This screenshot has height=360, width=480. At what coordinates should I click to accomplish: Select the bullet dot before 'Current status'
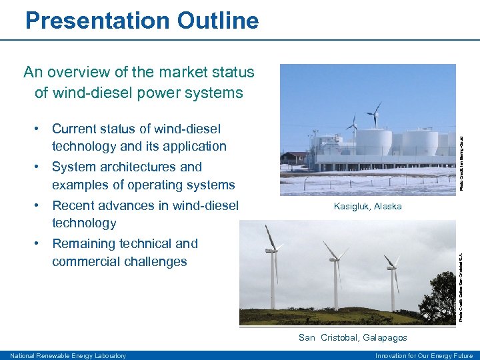41,129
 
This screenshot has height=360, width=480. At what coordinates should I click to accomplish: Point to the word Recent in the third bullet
75,205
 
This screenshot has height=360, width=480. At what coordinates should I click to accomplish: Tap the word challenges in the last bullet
153,261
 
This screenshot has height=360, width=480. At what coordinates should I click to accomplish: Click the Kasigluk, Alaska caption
367,206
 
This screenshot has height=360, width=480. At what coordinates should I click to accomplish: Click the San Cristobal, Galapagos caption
353,338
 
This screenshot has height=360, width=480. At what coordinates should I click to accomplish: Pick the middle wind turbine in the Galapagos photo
333,273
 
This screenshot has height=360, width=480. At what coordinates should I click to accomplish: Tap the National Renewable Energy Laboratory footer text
68,356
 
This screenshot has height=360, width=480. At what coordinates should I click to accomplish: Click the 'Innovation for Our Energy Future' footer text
424,356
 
